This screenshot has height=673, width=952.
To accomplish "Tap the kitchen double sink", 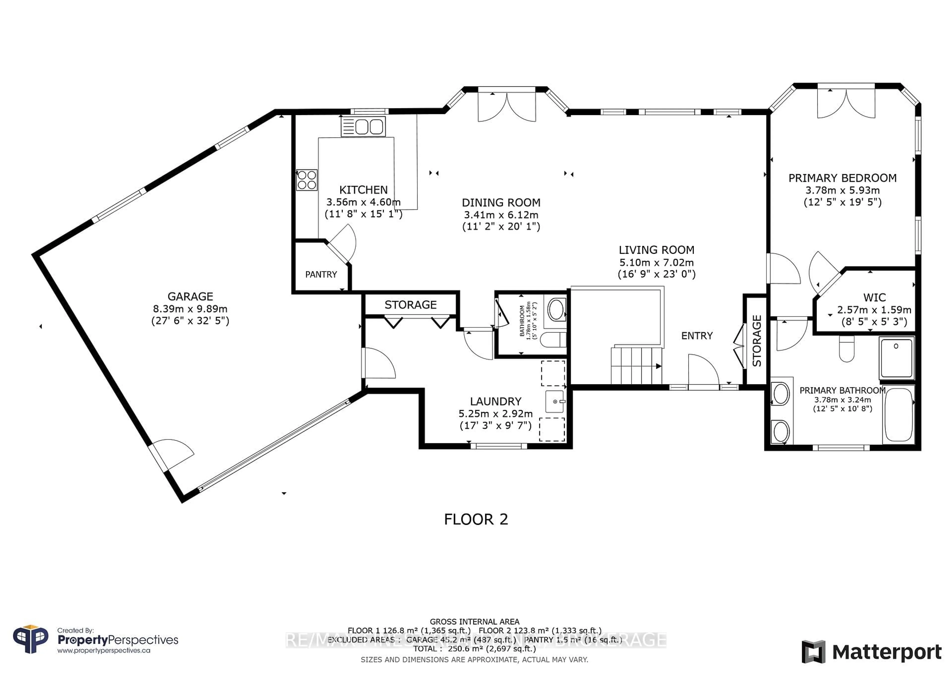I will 363,127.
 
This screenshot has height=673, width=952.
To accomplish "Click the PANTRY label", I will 321,274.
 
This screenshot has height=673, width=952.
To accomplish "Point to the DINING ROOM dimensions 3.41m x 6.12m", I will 501,215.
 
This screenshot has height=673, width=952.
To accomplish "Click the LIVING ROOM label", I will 656,250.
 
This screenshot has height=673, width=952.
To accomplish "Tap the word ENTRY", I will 697,336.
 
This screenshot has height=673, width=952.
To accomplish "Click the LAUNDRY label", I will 496,401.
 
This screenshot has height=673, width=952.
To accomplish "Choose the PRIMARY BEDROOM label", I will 842,178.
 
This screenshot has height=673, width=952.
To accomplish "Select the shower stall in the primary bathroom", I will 896,358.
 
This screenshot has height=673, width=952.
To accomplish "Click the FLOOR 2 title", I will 476,519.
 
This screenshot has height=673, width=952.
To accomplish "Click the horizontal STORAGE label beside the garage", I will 411,305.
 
